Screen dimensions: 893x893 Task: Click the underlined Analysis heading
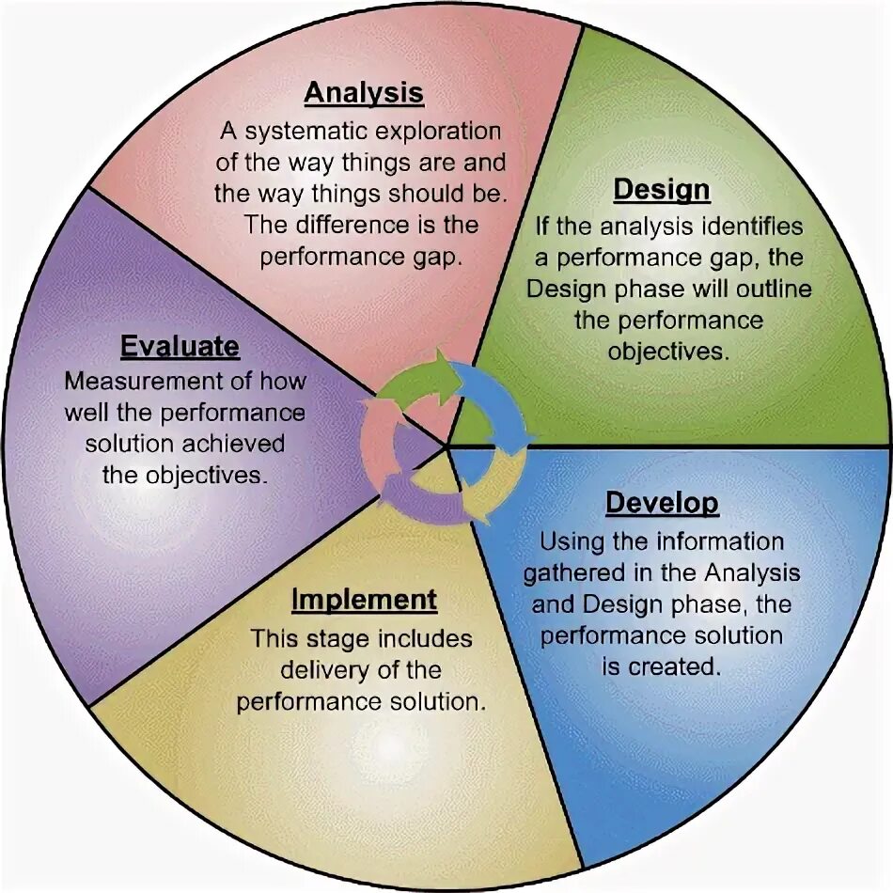click(x=364, y=94)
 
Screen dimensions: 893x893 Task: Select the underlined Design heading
click(x=662, y=191)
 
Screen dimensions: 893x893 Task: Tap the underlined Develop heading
click(x=662, y=503)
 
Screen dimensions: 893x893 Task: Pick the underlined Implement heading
click(x=364, y=600)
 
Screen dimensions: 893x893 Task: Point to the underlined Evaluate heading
click(x=180, y=347)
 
